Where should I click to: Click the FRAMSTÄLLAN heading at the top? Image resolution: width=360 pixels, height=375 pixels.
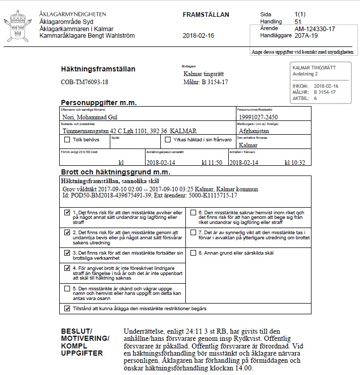(206, 15)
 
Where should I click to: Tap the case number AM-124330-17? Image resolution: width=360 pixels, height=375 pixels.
(315, 29)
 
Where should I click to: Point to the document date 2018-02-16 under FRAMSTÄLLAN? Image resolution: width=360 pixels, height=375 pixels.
(198, 36)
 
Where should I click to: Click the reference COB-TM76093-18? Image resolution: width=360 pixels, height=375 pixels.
(84, 82)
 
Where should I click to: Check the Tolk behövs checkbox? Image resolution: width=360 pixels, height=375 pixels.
(67, 139)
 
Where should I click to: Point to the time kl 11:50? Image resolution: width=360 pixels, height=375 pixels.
(211, 163)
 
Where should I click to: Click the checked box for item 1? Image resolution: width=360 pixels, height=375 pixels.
(67, 213)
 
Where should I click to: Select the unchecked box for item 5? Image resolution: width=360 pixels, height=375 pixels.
(67, 288)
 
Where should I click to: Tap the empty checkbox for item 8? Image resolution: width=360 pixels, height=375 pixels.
(193, 252)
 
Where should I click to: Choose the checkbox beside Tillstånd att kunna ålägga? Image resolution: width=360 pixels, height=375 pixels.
(67, 309)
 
